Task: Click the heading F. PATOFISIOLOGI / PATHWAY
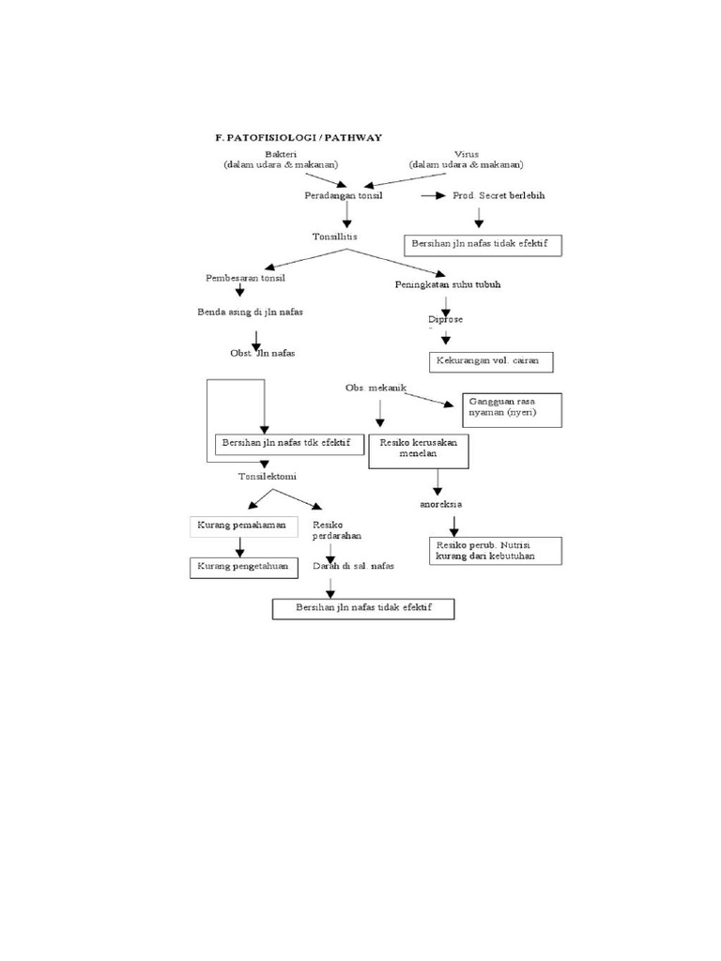(x=298, y=137)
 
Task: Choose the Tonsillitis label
(x=335, y=236)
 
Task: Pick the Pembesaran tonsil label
(x=245, y=279)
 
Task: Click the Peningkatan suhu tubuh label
(x=440, y=284)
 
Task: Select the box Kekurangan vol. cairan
(x=491, y=361)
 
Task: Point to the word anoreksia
(x=440, y=504)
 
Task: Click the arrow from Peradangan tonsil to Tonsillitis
(x=347, y=215)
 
